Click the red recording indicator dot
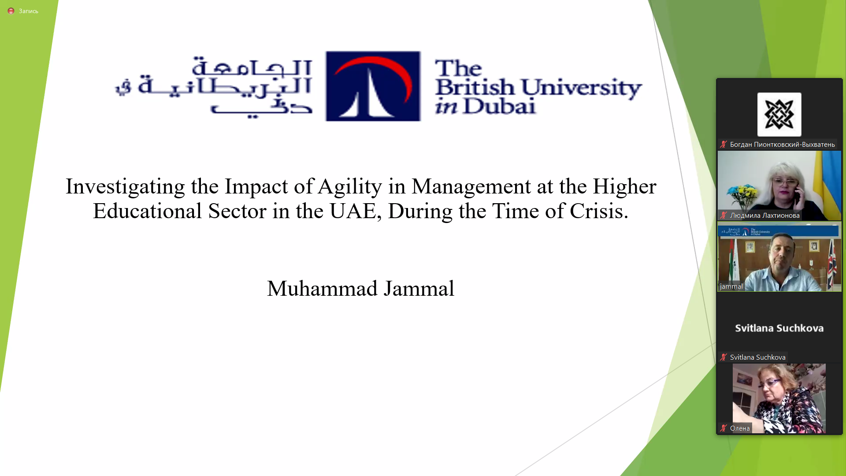tap(11, 11)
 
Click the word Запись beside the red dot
tap(28, 11)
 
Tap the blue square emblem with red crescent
tap(373, 86)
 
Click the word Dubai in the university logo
tap(500, 106)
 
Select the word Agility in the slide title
tap(350, 186)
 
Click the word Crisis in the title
tap(599, 211)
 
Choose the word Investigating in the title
tap(125, 186)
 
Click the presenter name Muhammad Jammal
tap(360, 289)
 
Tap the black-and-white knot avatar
tap(779, 115)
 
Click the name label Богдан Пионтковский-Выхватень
tap(782, 145)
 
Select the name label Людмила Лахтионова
tap(764, 216)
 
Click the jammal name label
tap(731, 286)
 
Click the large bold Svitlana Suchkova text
tap(779, 328)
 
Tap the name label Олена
tap(740, 428)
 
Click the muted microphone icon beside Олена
tap(724, 428)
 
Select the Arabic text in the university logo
tap(214, 87)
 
